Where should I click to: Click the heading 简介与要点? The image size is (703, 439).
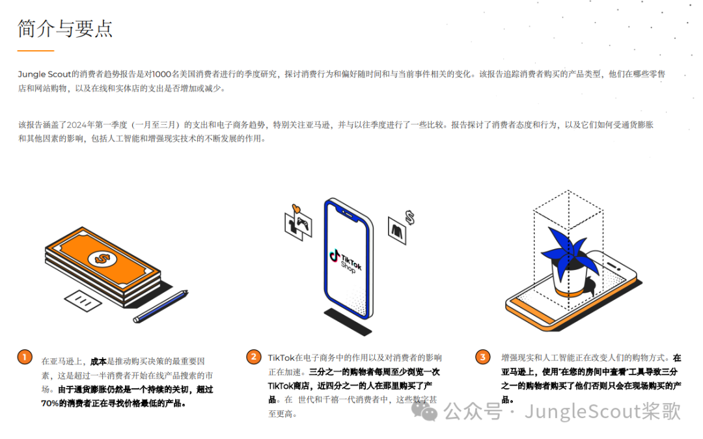point(65,28)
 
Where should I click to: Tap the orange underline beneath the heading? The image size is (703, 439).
point(36,50)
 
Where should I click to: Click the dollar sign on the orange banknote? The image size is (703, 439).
point(101,258)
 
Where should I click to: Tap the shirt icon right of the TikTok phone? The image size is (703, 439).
point(396,230)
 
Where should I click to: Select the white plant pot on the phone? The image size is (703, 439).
point(566,277)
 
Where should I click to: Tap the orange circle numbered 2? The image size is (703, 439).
point(253,357)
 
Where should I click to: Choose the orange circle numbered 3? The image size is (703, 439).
point(482,357)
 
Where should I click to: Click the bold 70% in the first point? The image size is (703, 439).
point(51,403)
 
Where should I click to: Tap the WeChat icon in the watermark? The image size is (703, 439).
point(430,411)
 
